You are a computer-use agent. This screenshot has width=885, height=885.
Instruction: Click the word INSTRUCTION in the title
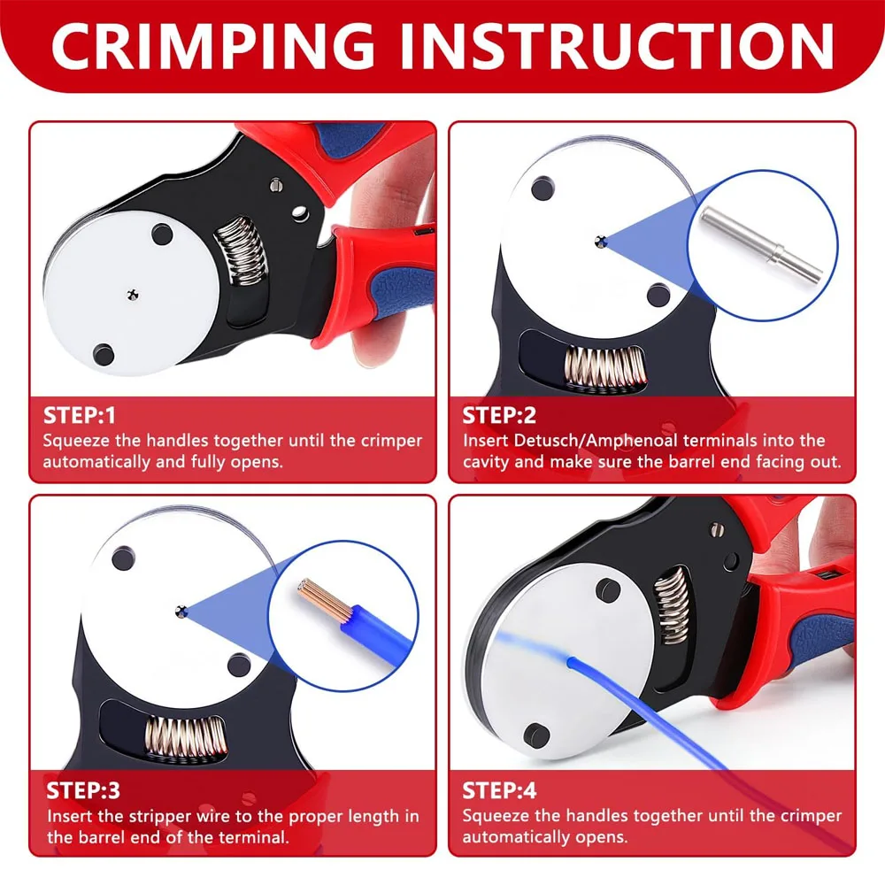618,46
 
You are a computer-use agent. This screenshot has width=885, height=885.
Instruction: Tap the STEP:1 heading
80,415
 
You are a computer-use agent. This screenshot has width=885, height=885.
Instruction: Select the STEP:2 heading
499,415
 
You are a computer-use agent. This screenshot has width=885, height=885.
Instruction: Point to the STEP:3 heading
83,790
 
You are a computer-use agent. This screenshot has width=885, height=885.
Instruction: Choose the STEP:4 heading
499,790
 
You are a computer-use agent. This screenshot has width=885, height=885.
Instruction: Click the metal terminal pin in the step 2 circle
761,244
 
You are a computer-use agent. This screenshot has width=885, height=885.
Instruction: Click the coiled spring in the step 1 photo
241,250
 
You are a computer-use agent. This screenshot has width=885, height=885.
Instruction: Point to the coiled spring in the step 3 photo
186,737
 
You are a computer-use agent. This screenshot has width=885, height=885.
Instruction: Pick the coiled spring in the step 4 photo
672,605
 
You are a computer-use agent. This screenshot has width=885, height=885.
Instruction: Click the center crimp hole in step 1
133,294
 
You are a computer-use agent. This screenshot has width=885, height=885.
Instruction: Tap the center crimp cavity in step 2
601,242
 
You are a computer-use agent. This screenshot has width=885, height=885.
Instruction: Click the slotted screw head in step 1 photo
276,184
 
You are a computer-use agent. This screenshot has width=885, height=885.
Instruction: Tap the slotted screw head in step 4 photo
718,529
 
